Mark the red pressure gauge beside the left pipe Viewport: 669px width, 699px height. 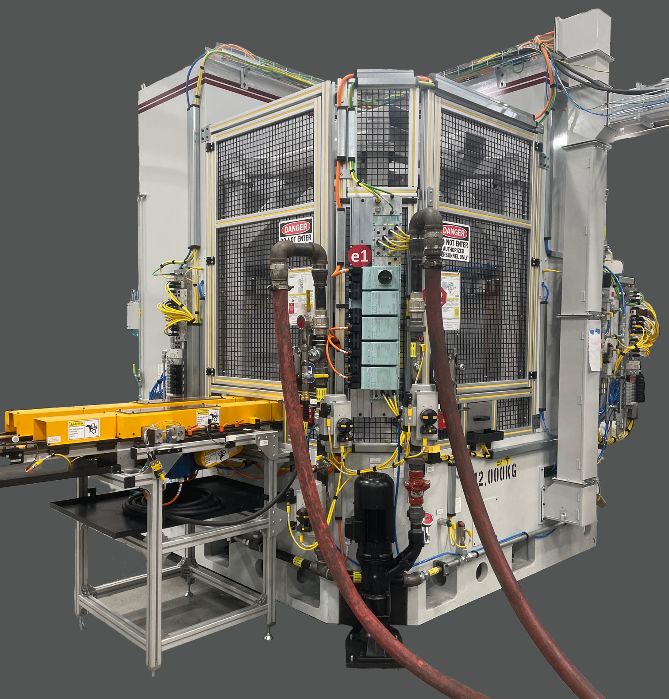[x=301, y=320]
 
